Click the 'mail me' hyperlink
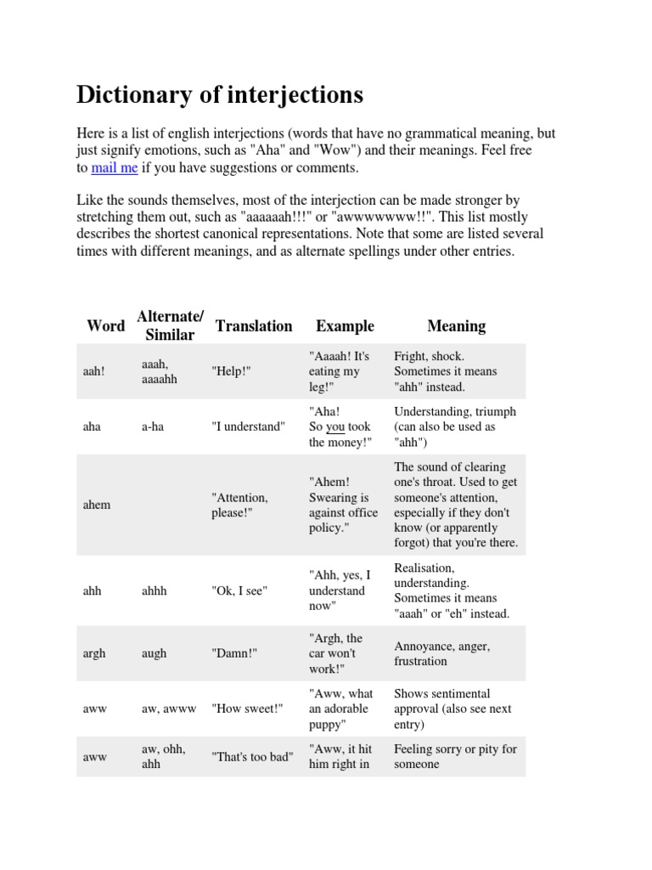pyautogui.click(x=114, y=168)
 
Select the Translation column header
pyautogui.click(x=254, y=326)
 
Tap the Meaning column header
pyautogui.click(x=457, y=326)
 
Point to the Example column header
pyautogui.click(x=345, y=326)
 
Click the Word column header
pyautogui.click(x=105, y=326)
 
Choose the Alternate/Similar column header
pyautogui.click(x=170, y=326)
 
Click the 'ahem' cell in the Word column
pyautogui.click(x=97, y=505)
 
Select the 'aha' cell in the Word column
pyautogui.click(x=92, y=427)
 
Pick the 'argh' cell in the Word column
pyautogui.click(x=95, y=653)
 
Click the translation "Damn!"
pyautogui.click(x=234, y=653)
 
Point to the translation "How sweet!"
pyautogui.click(x=246, y=709)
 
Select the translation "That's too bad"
pyautogui.click(x=252, y=757)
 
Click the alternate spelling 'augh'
pyautogui.click(x=154, y=653)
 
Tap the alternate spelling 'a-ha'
pyautogui.click(x=154, y=427)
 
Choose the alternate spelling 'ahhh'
pyautogui.click(x=155, y=590)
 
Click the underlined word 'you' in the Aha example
pyautogui.click(x=335, y=427)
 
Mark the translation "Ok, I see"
pyautogui.click(x=239, y=590)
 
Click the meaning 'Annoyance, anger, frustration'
pyautogui.click(x=441, y=653)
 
